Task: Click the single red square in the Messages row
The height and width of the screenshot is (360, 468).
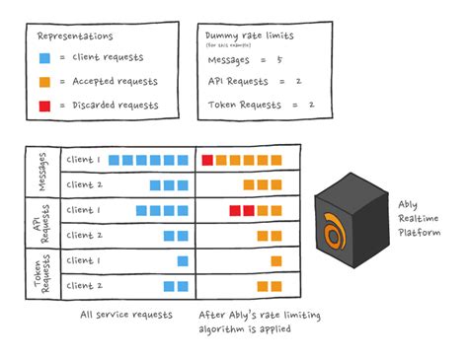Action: [x=207, y=159]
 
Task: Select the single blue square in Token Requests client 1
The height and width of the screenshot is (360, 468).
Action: [x=183, y=260]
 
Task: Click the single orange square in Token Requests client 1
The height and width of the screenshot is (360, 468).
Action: [x=276, y=260]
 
